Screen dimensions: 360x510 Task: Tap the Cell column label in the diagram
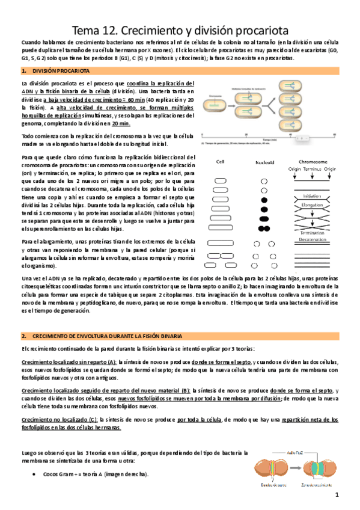[221, 162]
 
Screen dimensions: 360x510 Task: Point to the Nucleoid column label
[264, 162]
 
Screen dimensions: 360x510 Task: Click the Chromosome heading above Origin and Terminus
[313, 161]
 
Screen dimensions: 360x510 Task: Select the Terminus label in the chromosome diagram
[313, 168]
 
